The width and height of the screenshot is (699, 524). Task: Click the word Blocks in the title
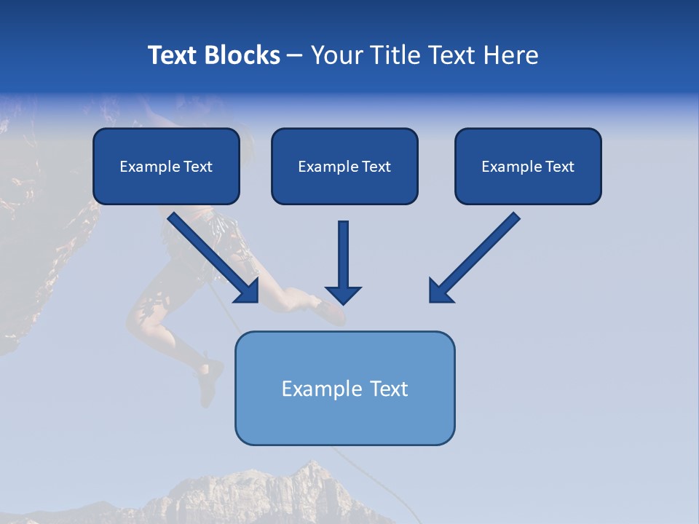(x=242, y=55)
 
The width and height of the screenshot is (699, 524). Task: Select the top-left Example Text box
(x=166, y=167)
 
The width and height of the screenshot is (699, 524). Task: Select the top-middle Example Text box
(x=344, y=167)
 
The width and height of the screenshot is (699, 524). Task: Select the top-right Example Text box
(x=528, y=167)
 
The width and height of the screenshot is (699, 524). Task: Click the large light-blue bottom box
(x=344, y=388)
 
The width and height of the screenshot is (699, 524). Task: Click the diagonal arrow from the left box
(x=211, y=255)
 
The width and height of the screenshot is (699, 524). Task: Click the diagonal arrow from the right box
(x=476, y=255)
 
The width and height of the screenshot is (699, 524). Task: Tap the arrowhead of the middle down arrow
(x=343, y=295)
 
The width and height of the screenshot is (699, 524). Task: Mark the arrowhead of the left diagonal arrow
(x=248, y=291)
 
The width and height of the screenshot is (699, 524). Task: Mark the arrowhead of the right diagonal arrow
(x=440, y=291)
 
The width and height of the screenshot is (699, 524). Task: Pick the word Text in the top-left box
(x=198, y=167)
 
